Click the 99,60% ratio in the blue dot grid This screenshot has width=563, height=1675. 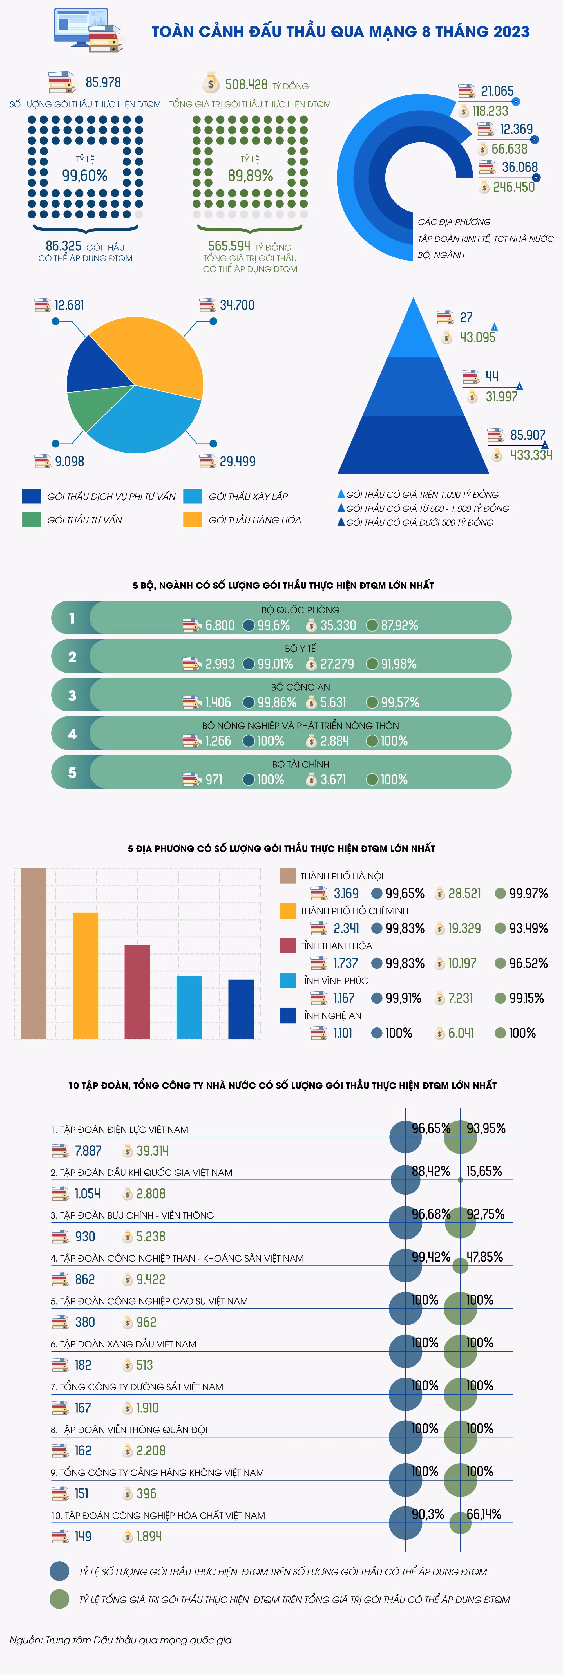(x=84, y=176)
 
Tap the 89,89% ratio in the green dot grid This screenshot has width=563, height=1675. (x=250, y=176)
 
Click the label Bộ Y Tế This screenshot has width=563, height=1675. (x=300, y=648)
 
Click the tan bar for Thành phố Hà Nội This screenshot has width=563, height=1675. (x=33, y=953)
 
